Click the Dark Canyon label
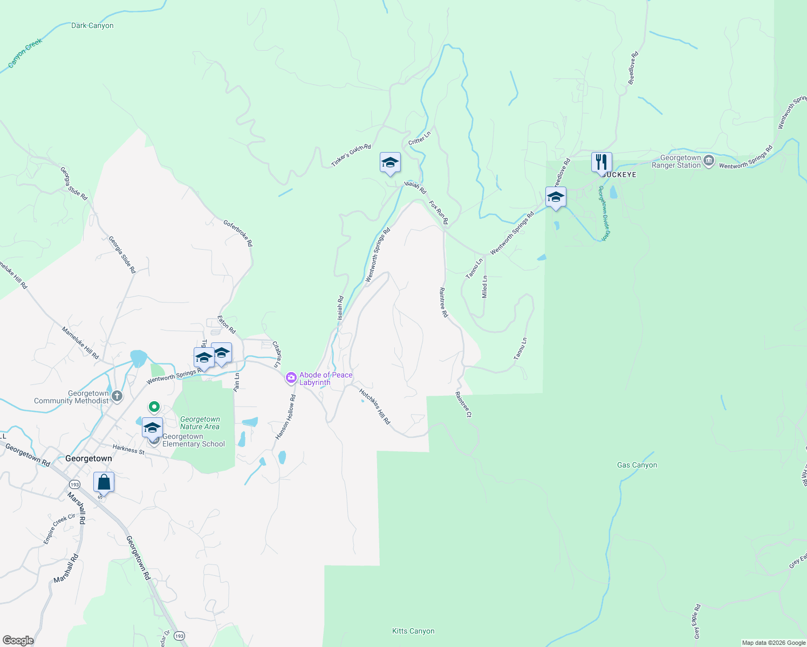pos(92,25)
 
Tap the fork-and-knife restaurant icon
pos(601,162)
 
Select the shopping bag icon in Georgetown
pos(104,481)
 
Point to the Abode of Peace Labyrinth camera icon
pos(291,378)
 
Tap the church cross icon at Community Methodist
pos(117,397)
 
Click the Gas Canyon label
pos(637,465)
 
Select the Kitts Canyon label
pos(413,631)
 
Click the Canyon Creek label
pos(25,54)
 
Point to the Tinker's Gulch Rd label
pos(351,155)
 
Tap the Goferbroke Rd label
pos(238,232)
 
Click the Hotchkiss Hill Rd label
pos(374,407)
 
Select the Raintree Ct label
pos(463,404)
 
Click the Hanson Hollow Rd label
pos(286,417)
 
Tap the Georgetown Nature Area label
pos(200,423)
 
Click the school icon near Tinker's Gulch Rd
pos(390,162)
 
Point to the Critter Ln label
pos(420,138)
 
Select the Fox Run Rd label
pos(439,212)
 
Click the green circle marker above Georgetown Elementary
pos(154,407)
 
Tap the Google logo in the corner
pos(18,641)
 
